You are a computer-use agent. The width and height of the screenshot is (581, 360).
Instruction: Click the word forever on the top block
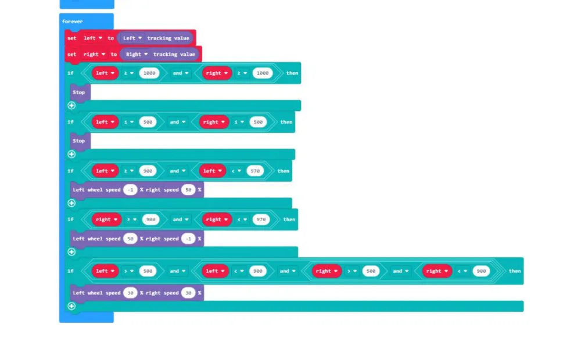point(72,21)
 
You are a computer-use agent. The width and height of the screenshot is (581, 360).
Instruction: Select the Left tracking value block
point(155,38)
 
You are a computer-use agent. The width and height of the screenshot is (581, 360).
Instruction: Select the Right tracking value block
point(160,55)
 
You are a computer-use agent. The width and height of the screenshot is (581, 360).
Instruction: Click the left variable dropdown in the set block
point(92,38)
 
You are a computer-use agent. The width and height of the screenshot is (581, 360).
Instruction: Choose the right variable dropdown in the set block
point(94,55)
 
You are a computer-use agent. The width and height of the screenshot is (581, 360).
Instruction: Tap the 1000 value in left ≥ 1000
point(149,73)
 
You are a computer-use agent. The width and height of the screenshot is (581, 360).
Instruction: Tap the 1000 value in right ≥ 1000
point(263,73)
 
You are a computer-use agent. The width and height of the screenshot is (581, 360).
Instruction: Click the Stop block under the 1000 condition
point(79,92)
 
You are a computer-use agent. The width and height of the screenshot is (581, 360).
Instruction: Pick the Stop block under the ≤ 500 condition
point(79,141)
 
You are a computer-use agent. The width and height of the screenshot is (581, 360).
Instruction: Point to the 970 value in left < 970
point(255,171)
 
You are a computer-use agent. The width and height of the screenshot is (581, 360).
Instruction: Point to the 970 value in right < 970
point(261,219)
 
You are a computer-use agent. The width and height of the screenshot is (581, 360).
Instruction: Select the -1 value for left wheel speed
point(130,190)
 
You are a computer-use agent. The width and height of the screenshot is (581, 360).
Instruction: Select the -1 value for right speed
point(188,239)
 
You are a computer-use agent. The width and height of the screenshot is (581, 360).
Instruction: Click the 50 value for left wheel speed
point(130,239)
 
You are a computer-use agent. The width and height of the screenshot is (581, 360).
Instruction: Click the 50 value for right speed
point(188,190)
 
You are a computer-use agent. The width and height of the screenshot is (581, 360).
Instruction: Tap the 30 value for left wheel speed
point(130,293)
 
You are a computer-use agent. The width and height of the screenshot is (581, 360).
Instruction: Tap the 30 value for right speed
point(188,293)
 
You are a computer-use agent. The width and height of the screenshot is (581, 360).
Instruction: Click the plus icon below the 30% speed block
point(71,307)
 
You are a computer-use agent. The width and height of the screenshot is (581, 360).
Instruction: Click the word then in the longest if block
point(515,271)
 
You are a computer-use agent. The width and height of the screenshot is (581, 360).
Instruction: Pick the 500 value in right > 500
point(371,271)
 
